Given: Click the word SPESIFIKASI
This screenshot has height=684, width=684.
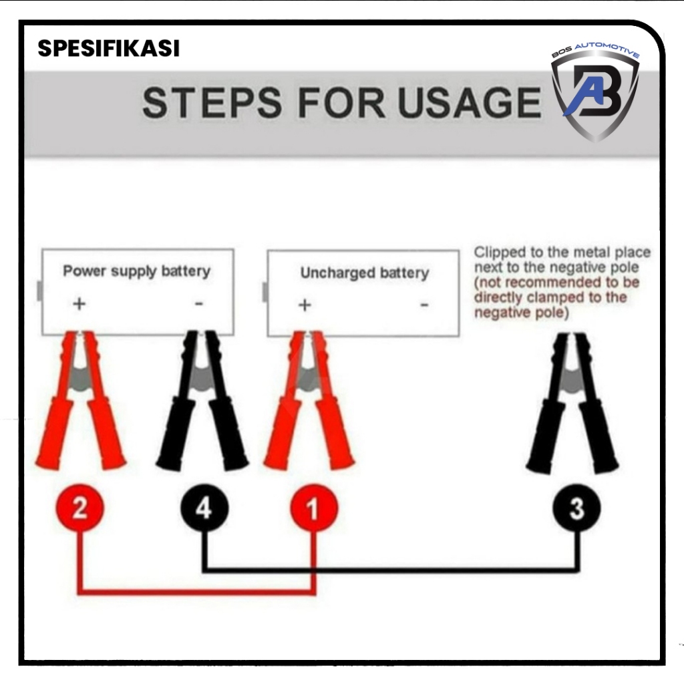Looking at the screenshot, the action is click(108, 49).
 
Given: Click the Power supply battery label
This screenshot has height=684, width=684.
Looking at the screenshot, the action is click(136, 271).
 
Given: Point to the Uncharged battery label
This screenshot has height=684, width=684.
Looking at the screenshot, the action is click(364, 273).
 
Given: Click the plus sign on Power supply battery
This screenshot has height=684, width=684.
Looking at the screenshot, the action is click(79, 304).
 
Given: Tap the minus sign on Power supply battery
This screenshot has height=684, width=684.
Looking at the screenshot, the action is click(198, 305).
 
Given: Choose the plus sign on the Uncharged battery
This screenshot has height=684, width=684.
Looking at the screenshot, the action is click(305, 305).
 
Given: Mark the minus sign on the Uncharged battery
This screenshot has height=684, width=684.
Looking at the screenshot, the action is click(423, 306).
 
